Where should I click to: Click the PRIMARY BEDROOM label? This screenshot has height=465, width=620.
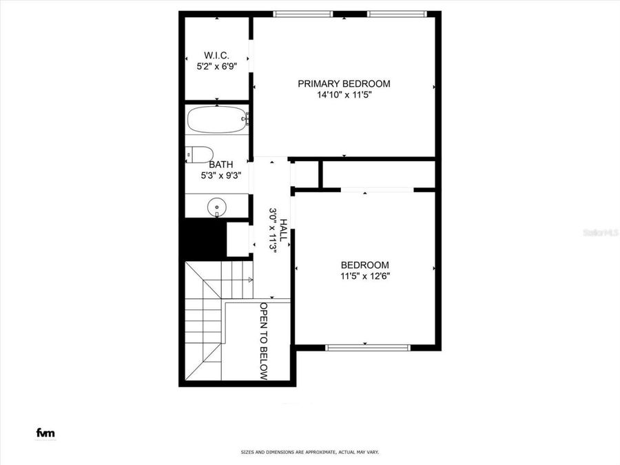(344, 83)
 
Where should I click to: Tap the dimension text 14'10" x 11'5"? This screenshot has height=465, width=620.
(344, 95)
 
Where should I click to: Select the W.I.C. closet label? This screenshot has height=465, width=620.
(216, 55)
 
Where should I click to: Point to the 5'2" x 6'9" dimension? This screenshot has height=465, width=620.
(216, 67)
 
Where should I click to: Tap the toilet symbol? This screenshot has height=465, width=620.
(199, 154)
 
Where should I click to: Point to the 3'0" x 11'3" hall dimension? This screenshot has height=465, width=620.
(273, 230)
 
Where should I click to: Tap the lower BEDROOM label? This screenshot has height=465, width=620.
(364, 265)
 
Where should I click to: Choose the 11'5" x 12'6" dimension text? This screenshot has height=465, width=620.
(364, 276)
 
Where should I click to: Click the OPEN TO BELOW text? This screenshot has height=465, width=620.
(264, 340)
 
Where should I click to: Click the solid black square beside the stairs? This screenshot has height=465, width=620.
(203, 238)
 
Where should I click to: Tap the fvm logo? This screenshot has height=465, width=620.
(45, 433)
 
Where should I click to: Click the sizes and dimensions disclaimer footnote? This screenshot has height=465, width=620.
(309, 453)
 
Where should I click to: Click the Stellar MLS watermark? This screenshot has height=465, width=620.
(600, 233)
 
